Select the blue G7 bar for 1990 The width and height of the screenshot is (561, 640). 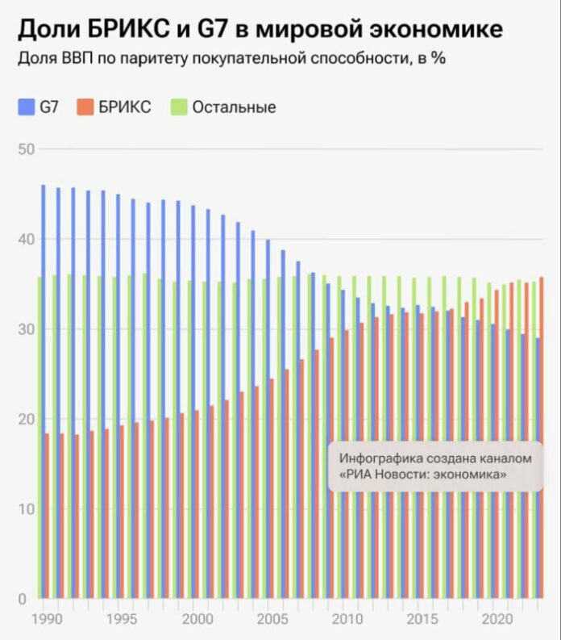tap(43, 387)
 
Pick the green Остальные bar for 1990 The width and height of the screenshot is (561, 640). tap(39, 436)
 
